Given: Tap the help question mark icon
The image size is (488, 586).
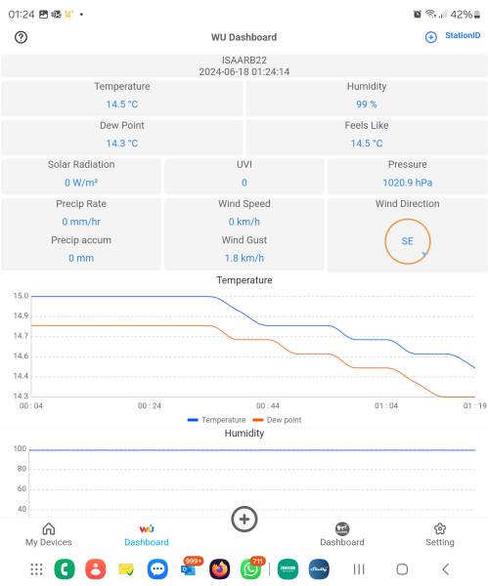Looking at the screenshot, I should tap(22, 37).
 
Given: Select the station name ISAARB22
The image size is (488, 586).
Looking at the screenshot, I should tap(244, 60).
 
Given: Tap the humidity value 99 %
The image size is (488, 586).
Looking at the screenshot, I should tap(366, 104).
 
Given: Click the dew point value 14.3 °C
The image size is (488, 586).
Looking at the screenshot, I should tap(121, 143).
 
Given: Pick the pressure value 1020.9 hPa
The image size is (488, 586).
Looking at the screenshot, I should tap(407, 182).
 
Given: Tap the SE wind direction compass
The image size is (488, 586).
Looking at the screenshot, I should tap(407, 240).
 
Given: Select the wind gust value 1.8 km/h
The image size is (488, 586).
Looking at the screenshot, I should tap(244, 258).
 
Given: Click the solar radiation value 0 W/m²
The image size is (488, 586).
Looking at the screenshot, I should tap(80, 182).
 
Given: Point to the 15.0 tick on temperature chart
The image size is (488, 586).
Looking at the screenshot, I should tap(20, 296).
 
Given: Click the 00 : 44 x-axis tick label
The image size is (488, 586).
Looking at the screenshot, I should tap(267, 405).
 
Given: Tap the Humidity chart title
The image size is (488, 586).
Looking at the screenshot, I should tap(244, 433).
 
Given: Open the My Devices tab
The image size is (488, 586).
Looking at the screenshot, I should tap(48, 533).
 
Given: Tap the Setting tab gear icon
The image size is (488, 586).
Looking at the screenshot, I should tap(439, 528).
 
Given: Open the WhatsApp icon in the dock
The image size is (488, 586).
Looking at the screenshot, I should tap(251, 569).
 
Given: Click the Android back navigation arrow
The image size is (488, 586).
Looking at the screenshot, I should tap(445, 569).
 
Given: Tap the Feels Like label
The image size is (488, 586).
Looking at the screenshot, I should tap(366, 125).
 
